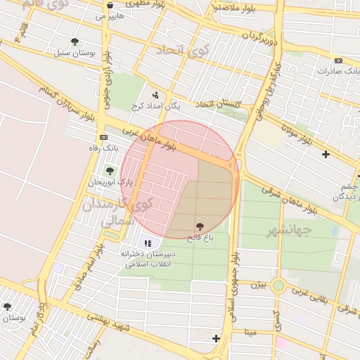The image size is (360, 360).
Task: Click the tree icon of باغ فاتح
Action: point(200,227)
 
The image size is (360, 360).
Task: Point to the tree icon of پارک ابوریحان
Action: point(109,171)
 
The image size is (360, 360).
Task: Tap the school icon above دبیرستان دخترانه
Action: point(148,243)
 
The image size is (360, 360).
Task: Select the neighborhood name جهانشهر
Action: point(289,230)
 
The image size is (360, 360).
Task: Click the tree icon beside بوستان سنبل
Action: point(75,42)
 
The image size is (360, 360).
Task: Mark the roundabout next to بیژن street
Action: point(278,285)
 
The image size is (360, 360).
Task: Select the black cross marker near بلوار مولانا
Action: point(325,154)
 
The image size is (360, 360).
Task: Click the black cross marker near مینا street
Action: point(216,339)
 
